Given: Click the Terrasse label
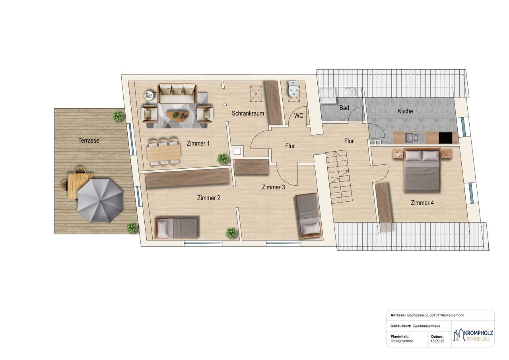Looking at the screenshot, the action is [x=89, y=140].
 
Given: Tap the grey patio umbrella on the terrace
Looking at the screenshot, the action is [x=100, y=200].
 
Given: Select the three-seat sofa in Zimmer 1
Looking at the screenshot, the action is [x=177, y=93].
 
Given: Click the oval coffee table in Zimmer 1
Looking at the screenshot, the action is [x=178, y=115].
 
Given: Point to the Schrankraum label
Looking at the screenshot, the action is [x=248, y=113].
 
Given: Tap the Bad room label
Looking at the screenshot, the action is [x=344, y=108].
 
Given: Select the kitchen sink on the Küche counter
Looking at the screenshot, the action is [x=412, y=138].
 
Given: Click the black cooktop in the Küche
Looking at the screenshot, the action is [x=445, y=138].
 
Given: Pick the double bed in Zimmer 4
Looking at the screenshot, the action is [x=422, y=169].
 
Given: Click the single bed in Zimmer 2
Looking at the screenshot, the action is [x=176, y=227].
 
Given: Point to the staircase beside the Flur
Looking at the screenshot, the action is [x=340, y=177].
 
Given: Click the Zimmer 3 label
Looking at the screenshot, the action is [x=273, y=187].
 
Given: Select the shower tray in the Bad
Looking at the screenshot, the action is [x=328, y=95].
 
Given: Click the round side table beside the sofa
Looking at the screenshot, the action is [x=150, y=95].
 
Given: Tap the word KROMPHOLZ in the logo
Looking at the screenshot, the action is [x=478, y=333].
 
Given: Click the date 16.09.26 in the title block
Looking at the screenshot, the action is [x=437, y=341].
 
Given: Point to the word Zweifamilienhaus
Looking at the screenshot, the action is [x=426, y=326].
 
